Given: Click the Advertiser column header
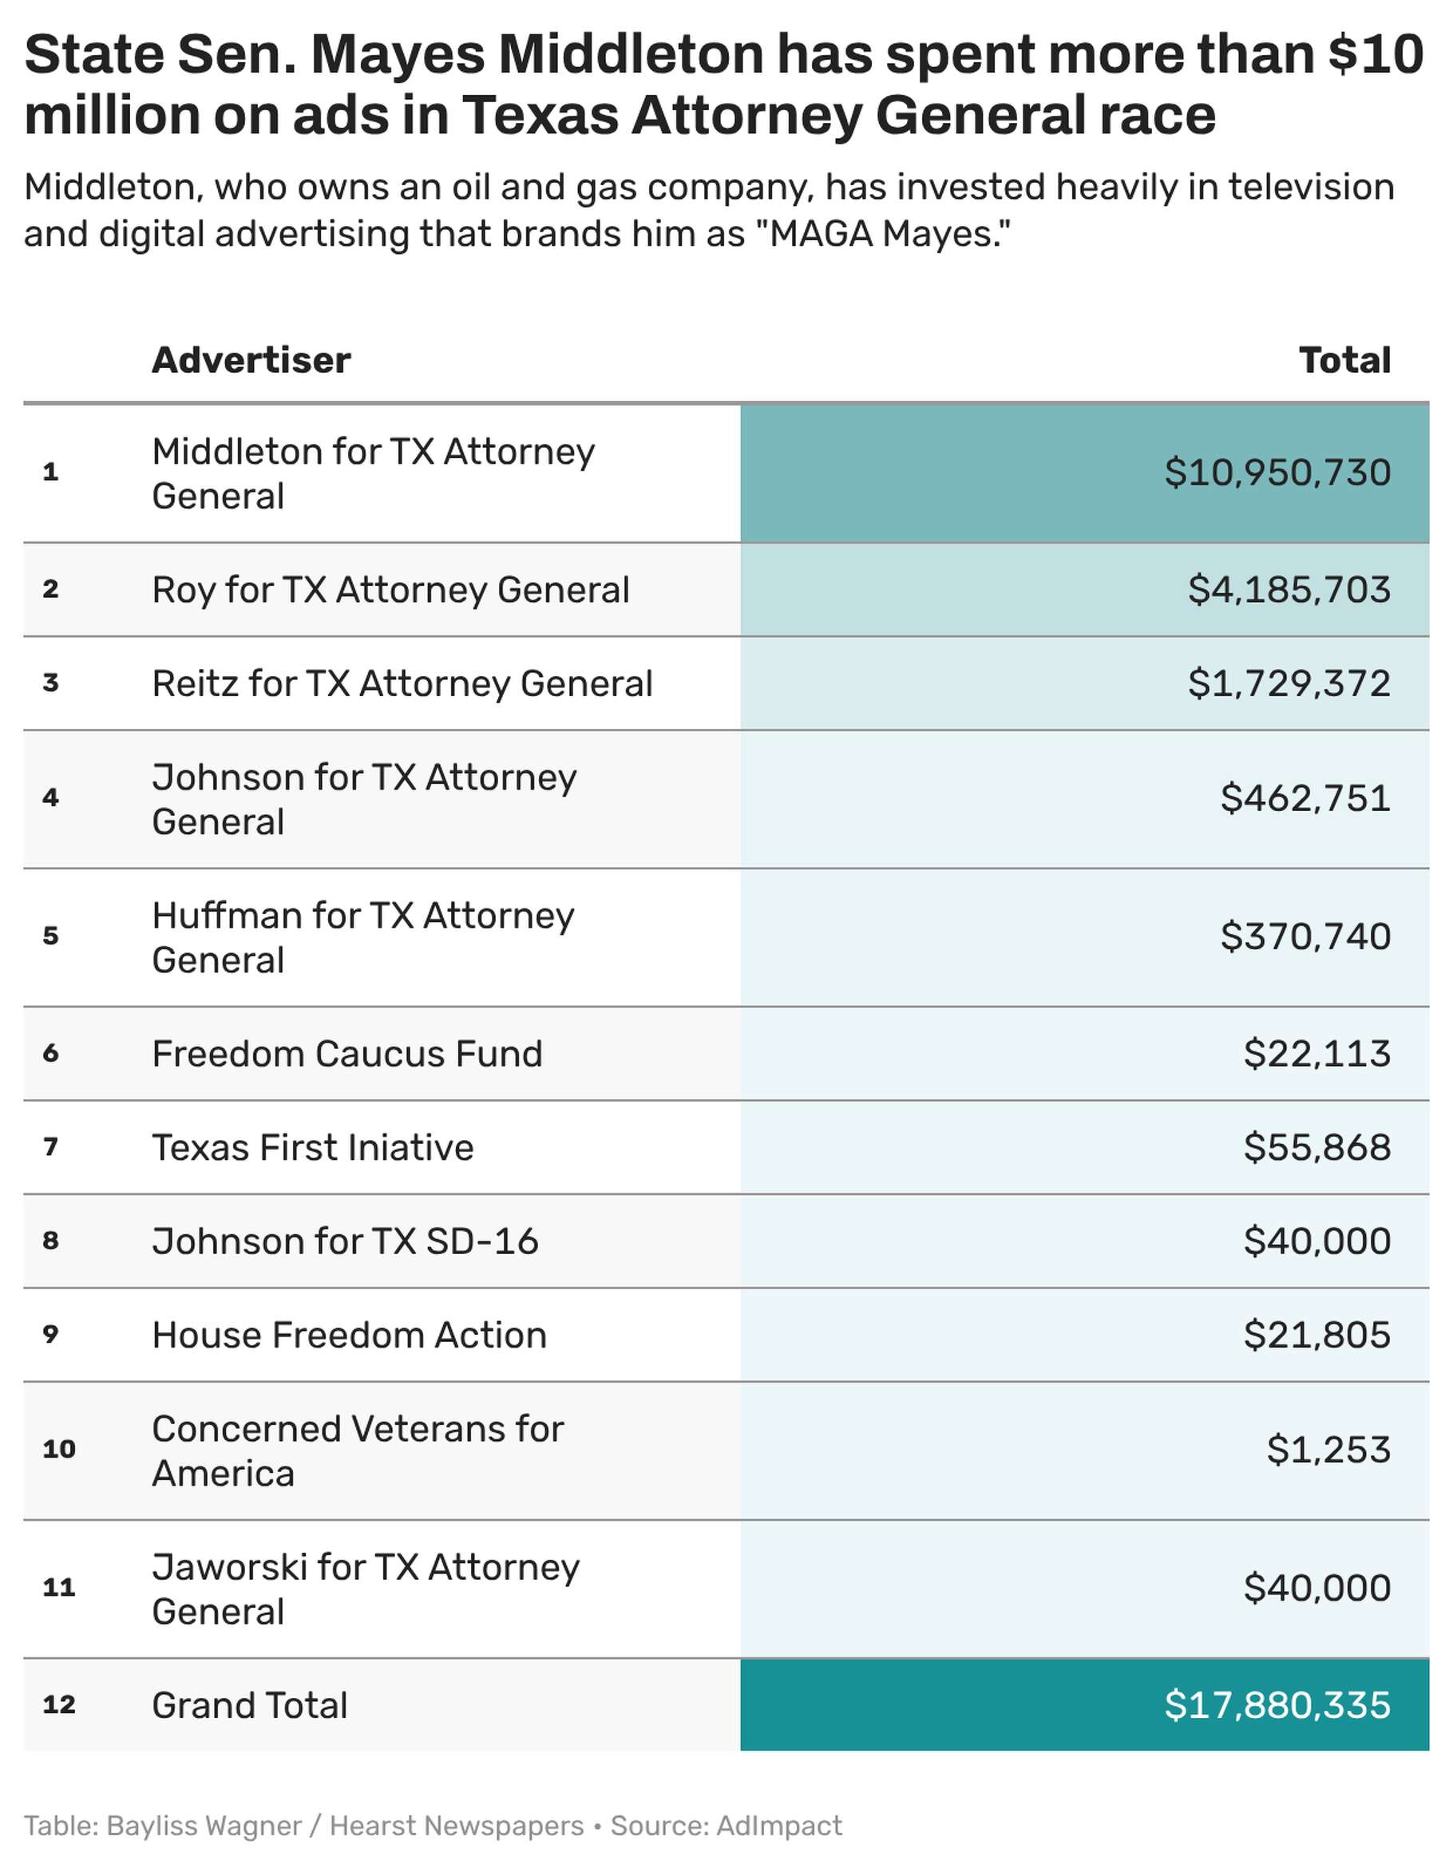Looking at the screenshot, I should click(251, 360).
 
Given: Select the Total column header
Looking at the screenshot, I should click(1344, 360).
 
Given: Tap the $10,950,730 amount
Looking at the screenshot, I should click(1277, 473).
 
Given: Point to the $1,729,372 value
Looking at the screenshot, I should click(1289, 683).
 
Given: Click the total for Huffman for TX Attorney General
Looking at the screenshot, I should click(1305, 936).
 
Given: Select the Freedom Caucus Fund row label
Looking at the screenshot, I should click(347, 1054).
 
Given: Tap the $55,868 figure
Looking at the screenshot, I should click(1317, 1148).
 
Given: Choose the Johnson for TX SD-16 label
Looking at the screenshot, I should click(345, 1241).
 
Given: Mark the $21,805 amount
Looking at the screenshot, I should click(1317, 1335).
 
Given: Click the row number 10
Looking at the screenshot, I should click(59, 1450).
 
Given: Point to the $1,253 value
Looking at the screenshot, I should click(1328, 1450).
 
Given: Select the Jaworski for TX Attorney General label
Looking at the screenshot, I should click(365, 1589).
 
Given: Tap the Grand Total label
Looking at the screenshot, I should click(250, 1705).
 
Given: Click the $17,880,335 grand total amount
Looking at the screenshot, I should click(1277, 1705).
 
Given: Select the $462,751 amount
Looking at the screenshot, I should click(1305, 798).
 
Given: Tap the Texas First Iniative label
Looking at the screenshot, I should click(312, 1148).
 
